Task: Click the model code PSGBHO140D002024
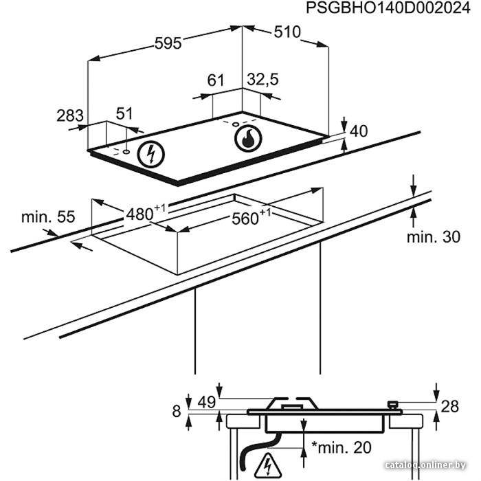[x=388, y=8]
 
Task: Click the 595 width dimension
[x=168, y=43]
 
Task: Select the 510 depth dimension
[x=287, y=32]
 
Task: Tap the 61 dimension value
[x=216, y=80]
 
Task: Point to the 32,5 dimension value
[x=263, y=80]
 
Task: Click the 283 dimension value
[x=70, y=115]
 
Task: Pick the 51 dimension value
[x=124, y=113]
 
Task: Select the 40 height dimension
[x=359, y=131]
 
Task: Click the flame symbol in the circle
[x=248, y=139]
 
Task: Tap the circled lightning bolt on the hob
[x=151, y=155]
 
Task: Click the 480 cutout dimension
[x=146, y=212]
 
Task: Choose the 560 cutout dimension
[x=251, y=217]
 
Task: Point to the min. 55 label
[x=48, y=217]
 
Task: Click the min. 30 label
[x=434, y=237]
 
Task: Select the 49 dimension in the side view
[x=207, y=402]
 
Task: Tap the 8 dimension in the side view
[x=177, y=411]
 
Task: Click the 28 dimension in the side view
[x=449, y=407]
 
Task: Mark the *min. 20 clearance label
[x=341, y=447]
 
